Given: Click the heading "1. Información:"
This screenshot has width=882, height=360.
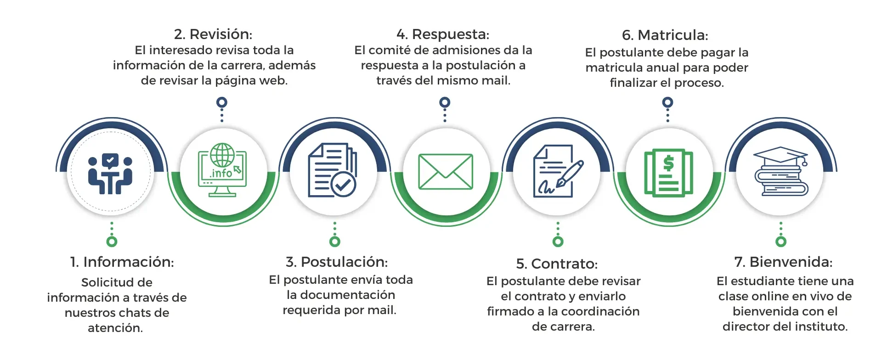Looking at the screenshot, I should click(x=122, y=262).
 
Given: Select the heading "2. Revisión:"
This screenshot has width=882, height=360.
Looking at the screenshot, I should click(x=213, y=34).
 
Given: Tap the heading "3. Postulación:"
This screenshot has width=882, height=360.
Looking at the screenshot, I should click(x=337, y=262).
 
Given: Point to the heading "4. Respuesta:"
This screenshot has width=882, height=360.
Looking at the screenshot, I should click(x=443, y=34).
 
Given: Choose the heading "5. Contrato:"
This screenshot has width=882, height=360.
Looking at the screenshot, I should click(x=557, y=264).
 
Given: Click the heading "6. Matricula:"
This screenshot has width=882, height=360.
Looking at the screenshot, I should click(x=665, y=35).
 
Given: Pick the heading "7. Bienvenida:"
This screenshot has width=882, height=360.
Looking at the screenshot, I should click(x=783, y=262).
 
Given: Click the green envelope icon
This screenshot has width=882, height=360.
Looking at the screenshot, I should click(x=446, y=172).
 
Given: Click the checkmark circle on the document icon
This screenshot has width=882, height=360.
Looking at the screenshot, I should click(x=344, y=185).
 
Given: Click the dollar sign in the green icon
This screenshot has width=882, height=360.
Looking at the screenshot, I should click(x=669, y=163).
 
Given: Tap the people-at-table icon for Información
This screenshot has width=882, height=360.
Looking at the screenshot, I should click(x=110, y=174).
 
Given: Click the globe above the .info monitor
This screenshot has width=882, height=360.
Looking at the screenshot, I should click(x=222, y=155).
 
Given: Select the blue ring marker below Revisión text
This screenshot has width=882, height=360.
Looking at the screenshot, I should click(x=222, y=102).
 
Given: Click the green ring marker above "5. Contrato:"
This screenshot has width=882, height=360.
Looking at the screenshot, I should click(x=558, y=242).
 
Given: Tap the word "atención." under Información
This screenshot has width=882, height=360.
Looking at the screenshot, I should click(x=115, y=328).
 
